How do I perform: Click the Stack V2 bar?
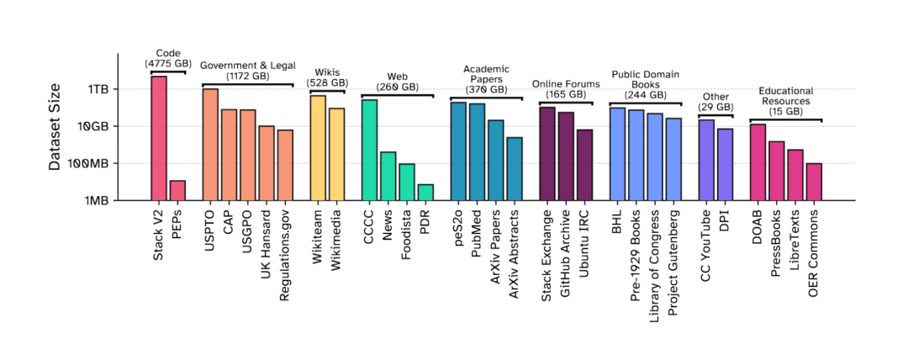(159, 138)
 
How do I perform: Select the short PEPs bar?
(177, 191)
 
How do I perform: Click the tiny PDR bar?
(425, 193)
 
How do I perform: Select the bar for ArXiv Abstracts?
(515, 169)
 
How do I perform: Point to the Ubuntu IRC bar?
(584, 165)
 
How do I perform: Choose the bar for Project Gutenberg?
(673, 159)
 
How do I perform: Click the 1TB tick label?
(98, 89)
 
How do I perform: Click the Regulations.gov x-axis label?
(286, 244)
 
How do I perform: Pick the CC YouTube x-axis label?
(706, 240)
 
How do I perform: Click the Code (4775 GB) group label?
(168, 58)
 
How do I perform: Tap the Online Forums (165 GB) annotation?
(566, 89)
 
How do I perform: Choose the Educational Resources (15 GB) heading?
(785, 101)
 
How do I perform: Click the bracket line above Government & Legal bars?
(247, 85)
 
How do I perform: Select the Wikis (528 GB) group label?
(327, 77)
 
